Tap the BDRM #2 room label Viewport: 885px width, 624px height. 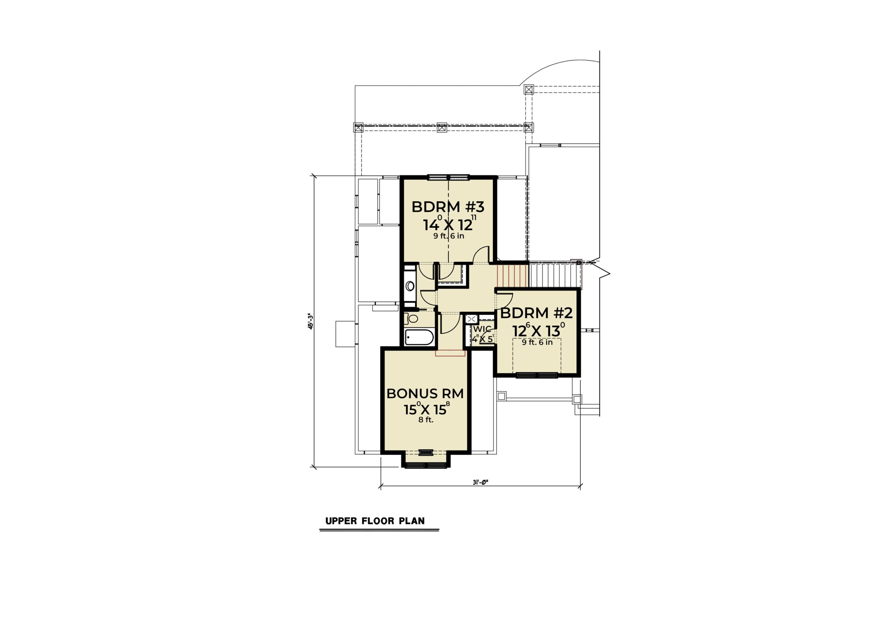(536, 313)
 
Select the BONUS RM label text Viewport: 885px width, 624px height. (425, 394)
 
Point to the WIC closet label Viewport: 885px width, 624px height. (482, 329)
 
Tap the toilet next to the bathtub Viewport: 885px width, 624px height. (411, 319)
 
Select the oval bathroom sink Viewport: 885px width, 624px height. (410, 286)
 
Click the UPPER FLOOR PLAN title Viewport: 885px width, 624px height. (375, 521)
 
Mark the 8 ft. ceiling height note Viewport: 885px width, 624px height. (426, 420)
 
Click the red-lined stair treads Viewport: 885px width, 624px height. (512, 275)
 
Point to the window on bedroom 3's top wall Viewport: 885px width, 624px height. (448, 177)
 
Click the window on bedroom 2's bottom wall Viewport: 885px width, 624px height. (537, 375)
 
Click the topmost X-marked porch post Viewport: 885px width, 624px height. (529, 90)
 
